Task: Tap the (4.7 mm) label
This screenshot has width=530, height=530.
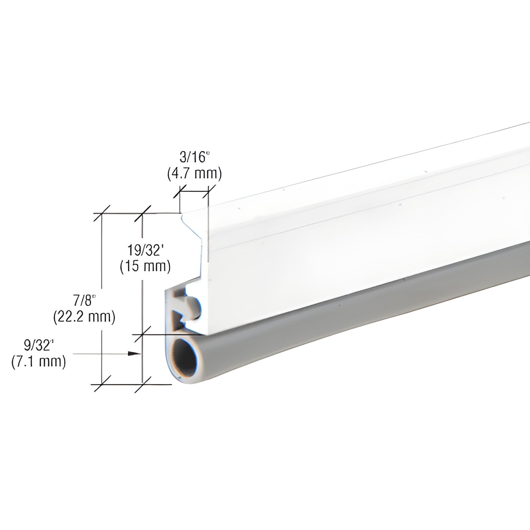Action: (x=194, y=173)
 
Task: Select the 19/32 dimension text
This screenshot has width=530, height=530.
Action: (x=145, y=251)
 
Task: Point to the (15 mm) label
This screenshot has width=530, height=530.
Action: (x=145, y=266)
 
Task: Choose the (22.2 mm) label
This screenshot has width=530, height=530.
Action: (x=84, y=316)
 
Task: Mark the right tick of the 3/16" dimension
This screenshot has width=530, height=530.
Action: (x=208, y=191)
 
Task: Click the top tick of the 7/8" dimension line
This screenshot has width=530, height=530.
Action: (x=101, y=213)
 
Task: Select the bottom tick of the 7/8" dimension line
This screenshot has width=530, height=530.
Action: (x=101, y=384)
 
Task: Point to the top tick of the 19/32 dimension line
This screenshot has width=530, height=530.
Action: (x=142, y=213)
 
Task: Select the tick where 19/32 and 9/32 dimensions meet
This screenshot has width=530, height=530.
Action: (x=142, y=334)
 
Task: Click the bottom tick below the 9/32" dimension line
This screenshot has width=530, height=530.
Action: (x=142, y=384)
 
